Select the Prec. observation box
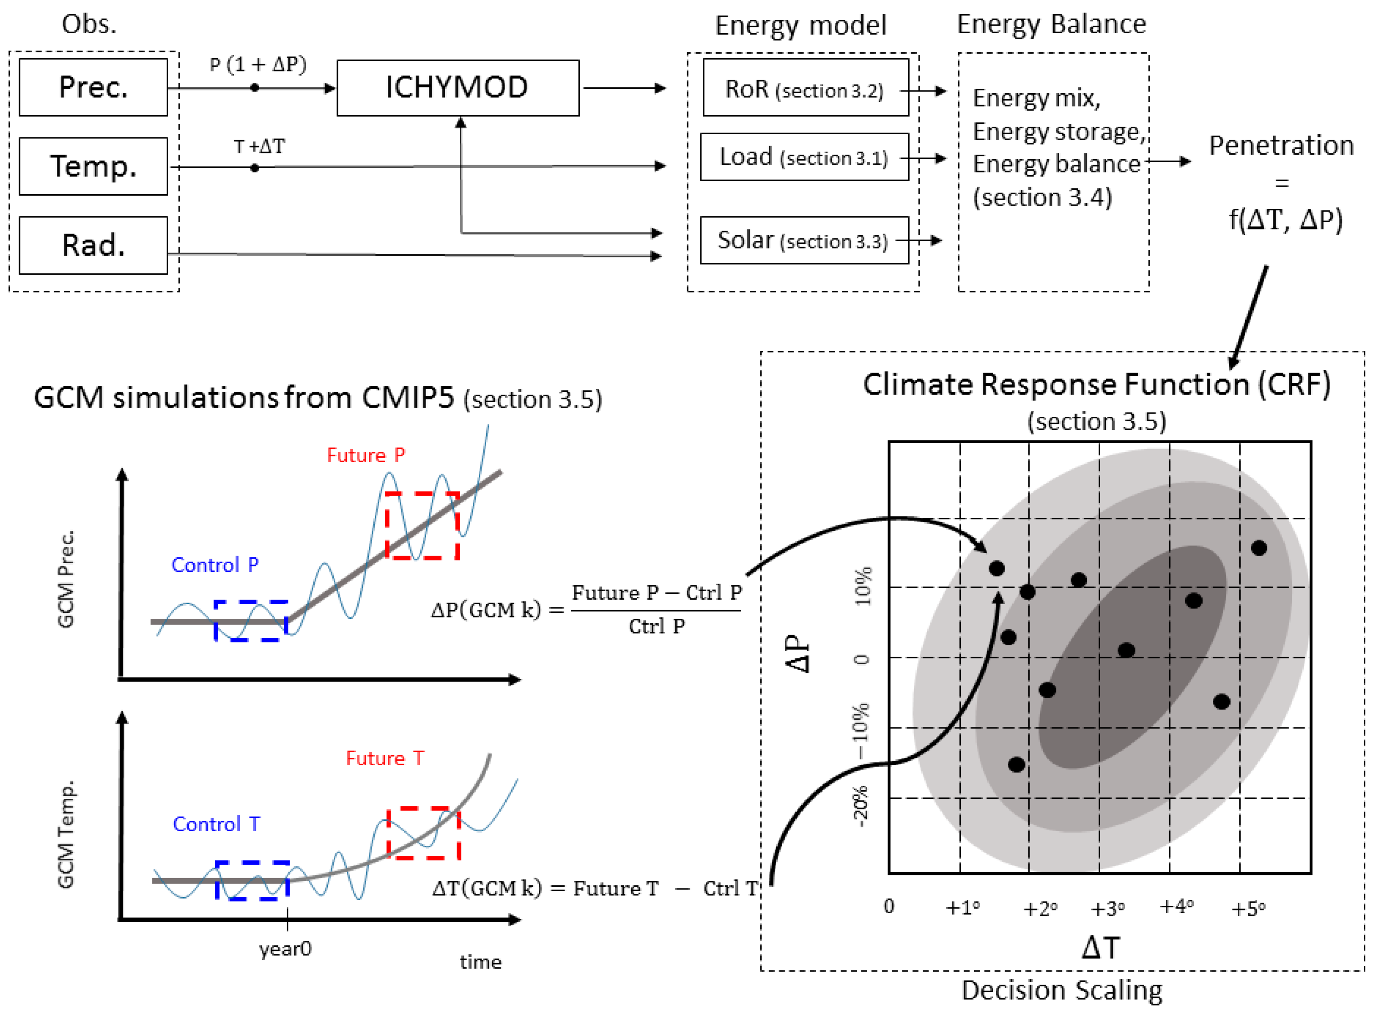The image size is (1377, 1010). [x=93, y=87]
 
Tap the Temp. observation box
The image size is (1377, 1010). [x=93, y=167]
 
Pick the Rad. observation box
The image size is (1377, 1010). [x=93, y=245]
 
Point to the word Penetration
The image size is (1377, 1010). [x=1281, y=146]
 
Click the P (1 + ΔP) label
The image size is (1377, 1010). [x=258, y=64]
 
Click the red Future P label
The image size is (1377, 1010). [x=366, y=455]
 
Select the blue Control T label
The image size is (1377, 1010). [x=216, y=824]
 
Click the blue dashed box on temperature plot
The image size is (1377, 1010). [x=252, y=880]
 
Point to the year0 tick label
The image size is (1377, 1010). [x=285, y=949]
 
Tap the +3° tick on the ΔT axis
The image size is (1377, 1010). [x=1107, y=909]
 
